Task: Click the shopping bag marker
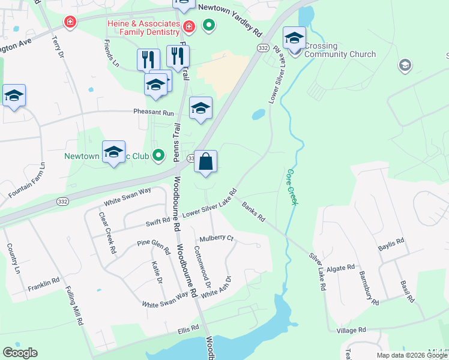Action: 205,162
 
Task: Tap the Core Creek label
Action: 292,187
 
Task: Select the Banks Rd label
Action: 253,211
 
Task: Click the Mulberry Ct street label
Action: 216,238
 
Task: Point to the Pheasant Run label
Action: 153,112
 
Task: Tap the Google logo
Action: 20,353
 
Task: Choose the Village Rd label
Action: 351,330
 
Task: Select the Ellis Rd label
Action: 188,329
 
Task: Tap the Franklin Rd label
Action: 43,284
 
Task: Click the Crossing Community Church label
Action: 340,50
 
